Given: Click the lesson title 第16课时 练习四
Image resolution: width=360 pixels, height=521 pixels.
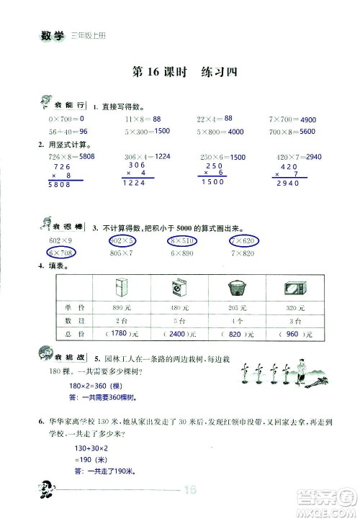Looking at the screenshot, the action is tap(180, 71).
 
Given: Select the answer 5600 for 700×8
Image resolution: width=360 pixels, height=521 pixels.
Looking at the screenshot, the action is tap(307, 132).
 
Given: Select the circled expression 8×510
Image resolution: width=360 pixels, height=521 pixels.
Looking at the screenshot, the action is tap(185, 240).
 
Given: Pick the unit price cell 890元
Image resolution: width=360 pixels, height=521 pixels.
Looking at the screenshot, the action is tap(120, 308).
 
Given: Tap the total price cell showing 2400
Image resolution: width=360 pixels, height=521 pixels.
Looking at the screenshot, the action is tap(179, 335).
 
